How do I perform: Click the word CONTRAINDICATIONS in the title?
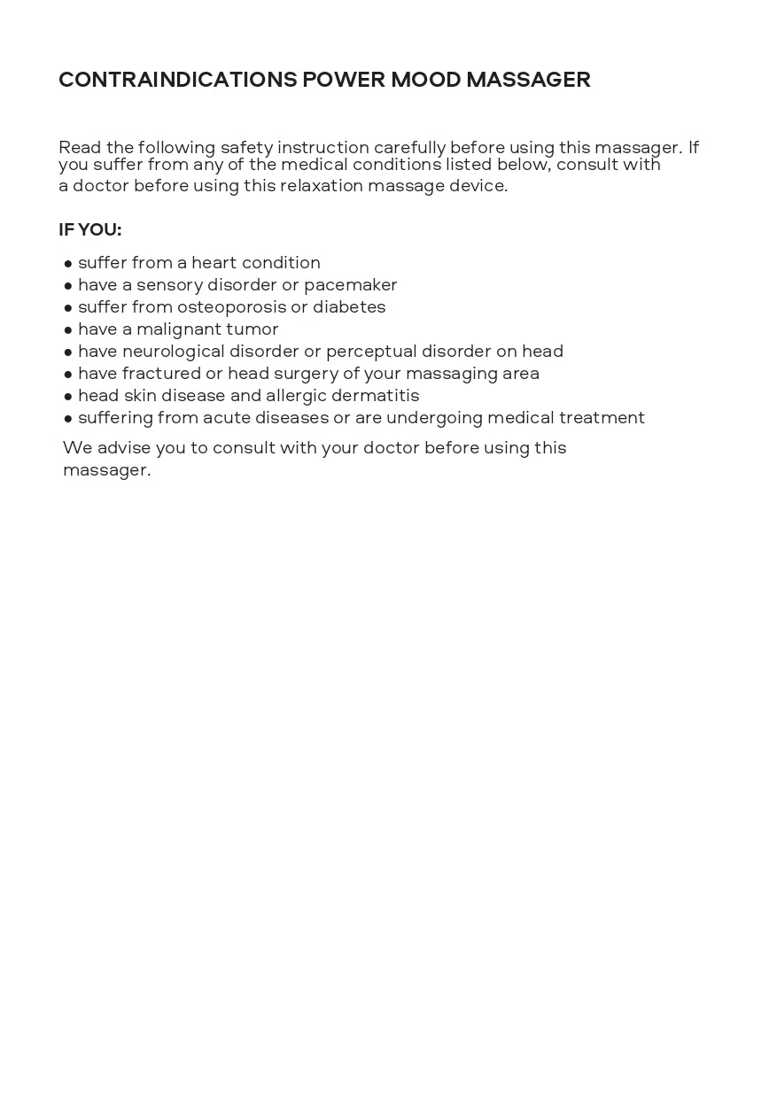click(177, 80)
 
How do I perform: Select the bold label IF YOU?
click(89, 230)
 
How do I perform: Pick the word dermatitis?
click(375, 396)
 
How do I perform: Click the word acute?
click(226, 418)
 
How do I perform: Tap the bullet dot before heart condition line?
click(68, 264)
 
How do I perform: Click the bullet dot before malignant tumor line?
click(68, 330)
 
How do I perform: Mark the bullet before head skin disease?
click(68, 397)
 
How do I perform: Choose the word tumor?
click(253, 329)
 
